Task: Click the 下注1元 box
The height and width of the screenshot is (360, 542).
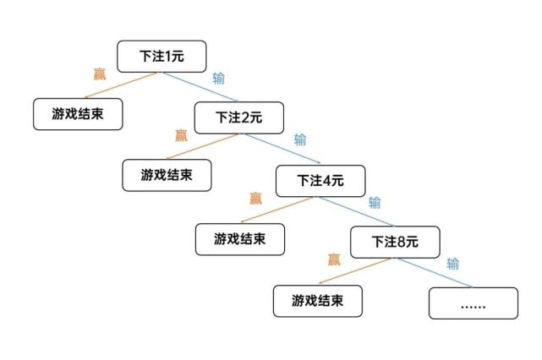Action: pos(162,56)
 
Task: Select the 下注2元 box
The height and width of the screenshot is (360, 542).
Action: pos(239,117)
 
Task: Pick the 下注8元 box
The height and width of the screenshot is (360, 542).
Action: pos(395,242)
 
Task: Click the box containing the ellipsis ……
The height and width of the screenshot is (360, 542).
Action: pos(473,302)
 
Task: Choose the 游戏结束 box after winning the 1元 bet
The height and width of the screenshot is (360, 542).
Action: pos(78,113)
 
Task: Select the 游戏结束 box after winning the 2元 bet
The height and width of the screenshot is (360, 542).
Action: pos(166,174)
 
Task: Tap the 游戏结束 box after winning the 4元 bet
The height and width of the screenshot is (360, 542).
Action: pos(239,238)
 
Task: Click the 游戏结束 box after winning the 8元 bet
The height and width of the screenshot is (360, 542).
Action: pos(317,300)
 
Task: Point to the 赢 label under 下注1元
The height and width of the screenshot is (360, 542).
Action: pos(99,74)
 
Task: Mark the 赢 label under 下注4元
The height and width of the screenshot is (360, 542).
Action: pos(256,199)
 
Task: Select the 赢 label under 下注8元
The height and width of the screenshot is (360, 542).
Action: pos(334,259)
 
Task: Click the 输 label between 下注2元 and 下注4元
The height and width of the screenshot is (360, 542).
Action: pos(300,139)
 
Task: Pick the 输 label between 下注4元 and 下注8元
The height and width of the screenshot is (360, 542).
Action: pos(375,203)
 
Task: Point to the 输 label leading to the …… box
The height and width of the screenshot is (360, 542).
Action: pos(453,264)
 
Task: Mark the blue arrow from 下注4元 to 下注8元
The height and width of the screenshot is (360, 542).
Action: pos(359,212)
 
